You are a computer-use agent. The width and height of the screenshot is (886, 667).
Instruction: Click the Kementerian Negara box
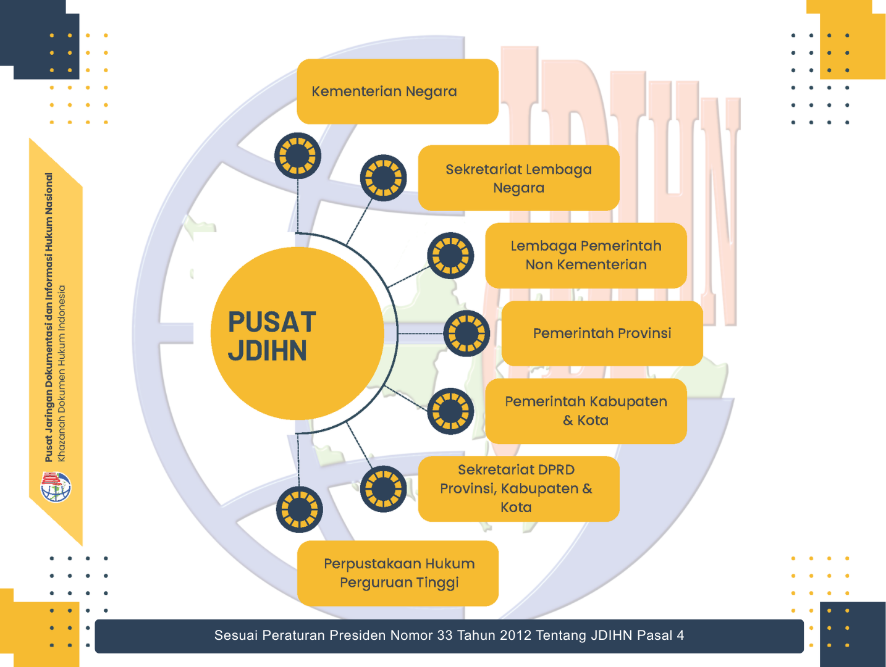[397, 91]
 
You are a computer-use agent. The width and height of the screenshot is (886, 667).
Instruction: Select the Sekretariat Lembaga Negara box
[518, 178]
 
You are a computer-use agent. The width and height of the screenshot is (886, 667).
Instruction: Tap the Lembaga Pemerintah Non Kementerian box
[586, 255]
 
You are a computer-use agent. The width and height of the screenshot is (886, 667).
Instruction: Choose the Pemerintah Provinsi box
[602, 333]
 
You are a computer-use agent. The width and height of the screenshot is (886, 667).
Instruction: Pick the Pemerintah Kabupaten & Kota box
[586, 411]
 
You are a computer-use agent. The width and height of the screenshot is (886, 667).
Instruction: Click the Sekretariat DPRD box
[518, 489]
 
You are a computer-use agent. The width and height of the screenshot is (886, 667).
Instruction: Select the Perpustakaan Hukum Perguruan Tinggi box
[397, 573]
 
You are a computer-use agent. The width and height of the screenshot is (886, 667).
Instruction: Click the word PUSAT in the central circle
[272, 322]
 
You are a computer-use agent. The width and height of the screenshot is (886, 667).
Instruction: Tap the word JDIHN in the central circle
[267, 351]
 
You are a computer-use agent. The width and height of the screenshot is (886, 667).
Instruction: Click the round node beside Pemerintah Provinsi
[466, 333]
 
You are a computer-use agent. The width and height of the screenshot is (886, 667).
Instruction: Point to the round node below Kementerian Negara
[298, 156]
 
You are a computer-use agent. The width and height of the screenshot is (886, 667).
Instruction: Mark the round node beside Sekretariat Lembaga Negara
[383, 178]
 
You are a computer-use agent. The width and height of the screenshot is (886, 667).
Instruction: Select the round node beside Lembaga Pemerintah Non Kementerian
[450, 255]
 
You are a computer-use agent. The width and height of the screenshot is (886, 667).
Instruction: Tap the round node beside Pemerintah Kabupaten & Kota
[450, 411]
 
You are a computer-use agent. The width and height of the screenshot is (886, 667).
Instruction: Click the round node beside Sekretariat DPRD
[383, 489]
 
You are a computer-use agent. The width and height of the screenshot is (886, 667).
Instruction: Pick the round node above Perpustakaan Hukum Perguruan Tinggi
[299, 510]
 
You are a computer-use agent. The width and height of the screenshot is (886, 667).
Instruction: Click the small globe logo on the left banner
[56, 487]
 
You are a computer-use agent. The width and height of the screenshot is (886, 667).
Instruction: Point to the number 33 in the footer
[445, 636]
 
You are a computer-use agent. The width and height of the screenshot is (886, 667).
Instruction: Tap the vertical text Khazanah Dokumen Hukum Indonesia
[62, 373]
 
